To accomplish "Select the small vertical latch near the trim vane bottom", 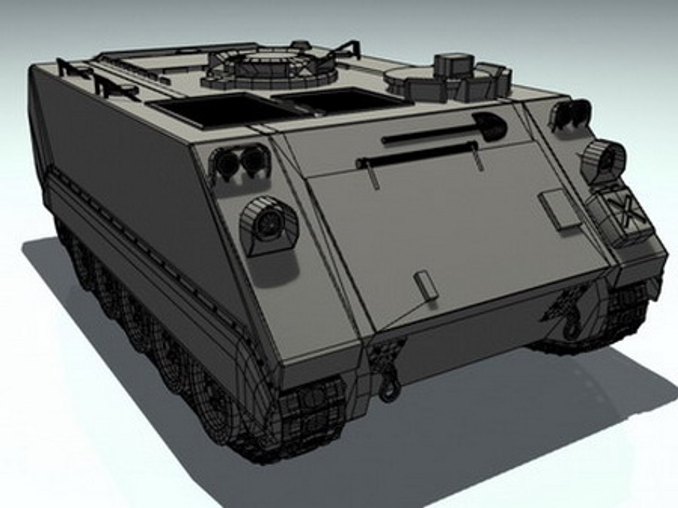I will click(425, 285).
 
